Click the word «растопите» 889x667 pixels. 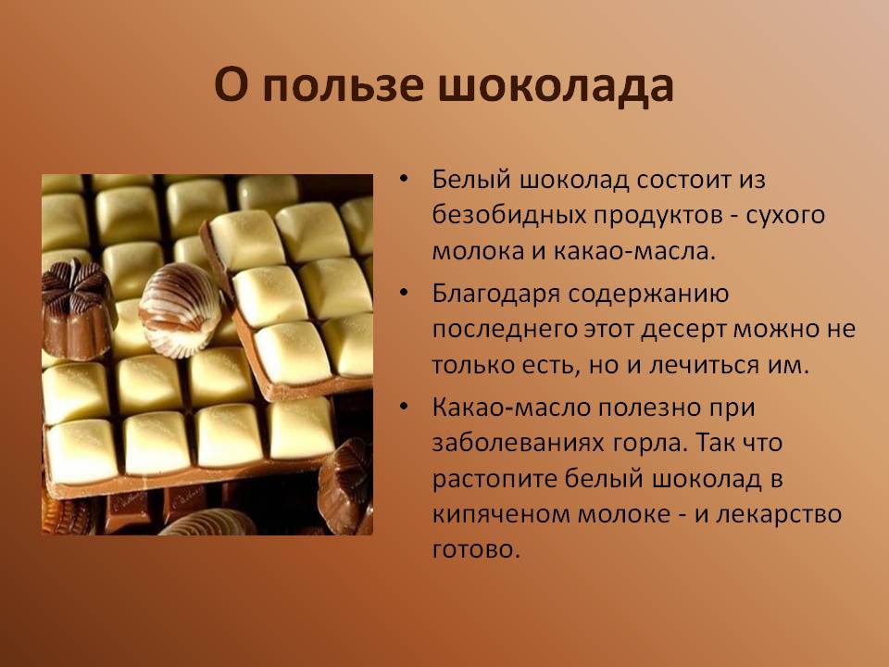pyautogui.click(x=494, y=480)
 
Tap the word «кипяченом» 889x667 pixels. pyautogui.click(x=501, y=515)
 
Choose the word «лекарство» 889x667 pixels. pyautogui.click(x=779, y=515)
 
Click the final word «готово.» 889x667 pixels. pyautogui.click(x=476, y=550)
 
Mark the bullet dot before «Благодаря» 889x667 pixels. pyautogui.click(x=403, y=293)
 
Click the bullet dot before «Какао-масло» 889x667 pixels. pyautogui.click(x=403, y=406)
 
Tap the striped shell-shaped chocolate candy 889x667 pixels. pyautogui.click(x=179, y=309)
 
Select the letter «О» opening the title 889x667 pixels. pyautogui.click(x=232, y=85)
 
